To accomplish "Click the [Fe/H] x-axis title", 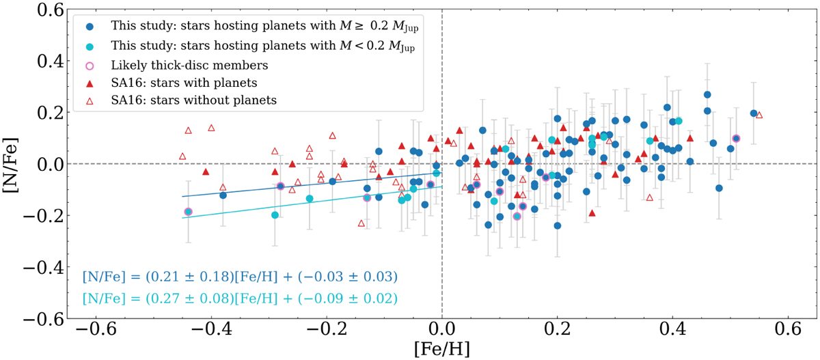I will [x=442, y=348].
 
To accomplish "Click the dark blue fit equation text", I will [x=240, y=277].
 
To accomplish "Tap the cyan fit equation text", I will [x=240, y=299].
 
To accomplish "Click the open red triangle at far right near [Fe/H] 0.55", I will [x=758, y=115].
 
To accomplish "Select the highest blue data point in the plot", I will [x=707, y=95].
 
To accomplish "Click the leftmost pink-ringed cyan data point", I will [x=188, y=212].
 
